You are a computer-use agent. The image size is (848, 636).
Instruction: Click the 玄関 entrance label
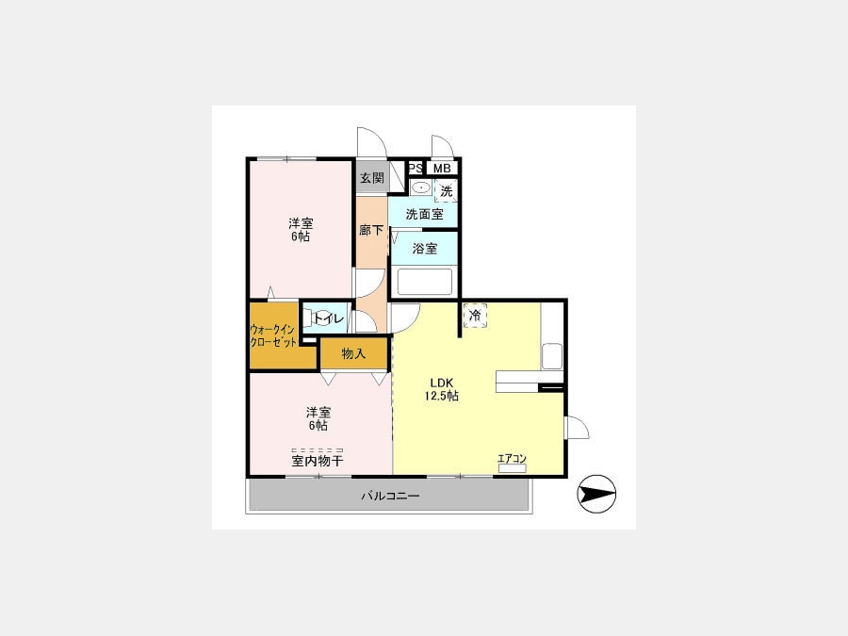click(372, 177)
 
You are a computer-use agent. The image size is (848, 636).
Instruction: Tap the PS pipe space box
click(416, 169)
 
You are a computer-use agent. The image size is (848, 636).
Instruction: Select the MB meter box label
click(442, 169)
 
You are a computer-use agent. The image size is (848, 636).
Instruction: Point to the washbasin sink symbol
click(420, 188)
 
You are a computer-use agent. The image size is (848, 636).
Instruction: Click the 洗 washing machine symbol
click(447, 191)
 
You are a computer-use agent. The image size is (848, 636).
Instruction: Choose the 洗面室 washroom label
click(425, 214)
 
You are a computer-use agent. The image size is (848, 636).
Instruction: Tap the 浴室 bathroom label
click(425, 249)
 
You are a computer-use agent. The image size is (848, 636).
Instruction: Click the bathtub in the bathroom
click(425, 282)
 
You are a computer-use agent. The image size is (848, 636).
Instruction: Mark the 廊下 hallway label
click(371, 231)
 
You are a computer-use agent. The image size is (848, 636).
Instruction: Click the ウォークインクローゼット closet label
click(273, 335)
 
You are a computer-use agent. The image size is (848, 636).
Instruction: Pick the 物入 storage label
click(353, 353)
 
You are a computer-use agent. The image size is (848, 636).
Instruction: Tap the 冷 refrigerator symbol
click(475, 316)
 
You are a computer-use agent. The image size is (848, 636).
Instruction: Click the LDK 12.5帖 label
click(441, 389)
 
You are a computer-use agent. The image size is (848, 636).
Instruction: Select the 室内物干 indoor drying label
click(317, 461)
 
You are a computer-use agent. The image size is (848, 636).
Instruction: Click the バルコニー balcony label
click(390, 496)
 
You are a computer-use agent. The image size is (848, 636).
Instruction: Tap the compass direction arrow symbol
click(597, 494)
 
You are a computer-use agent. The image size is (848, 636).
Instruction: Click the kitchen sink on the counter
click(552, 356)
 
